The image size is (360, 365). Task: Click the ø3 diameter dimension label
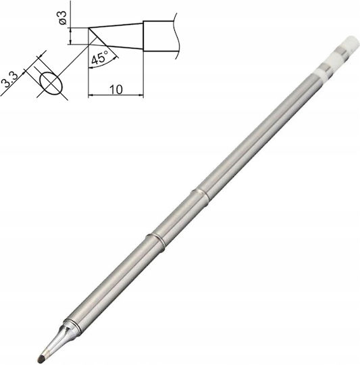click(63, 17)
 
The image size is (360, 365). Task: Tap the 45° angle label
click(100, 57)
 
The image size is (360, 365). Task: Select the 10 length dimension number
click(116, 89)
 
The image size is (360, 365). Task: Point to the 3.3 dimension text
click(9, 80)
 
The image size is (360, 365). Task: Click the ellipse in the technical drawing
click(51, 83)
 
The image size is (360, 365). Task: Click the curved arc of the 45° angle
click(103, 63)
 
